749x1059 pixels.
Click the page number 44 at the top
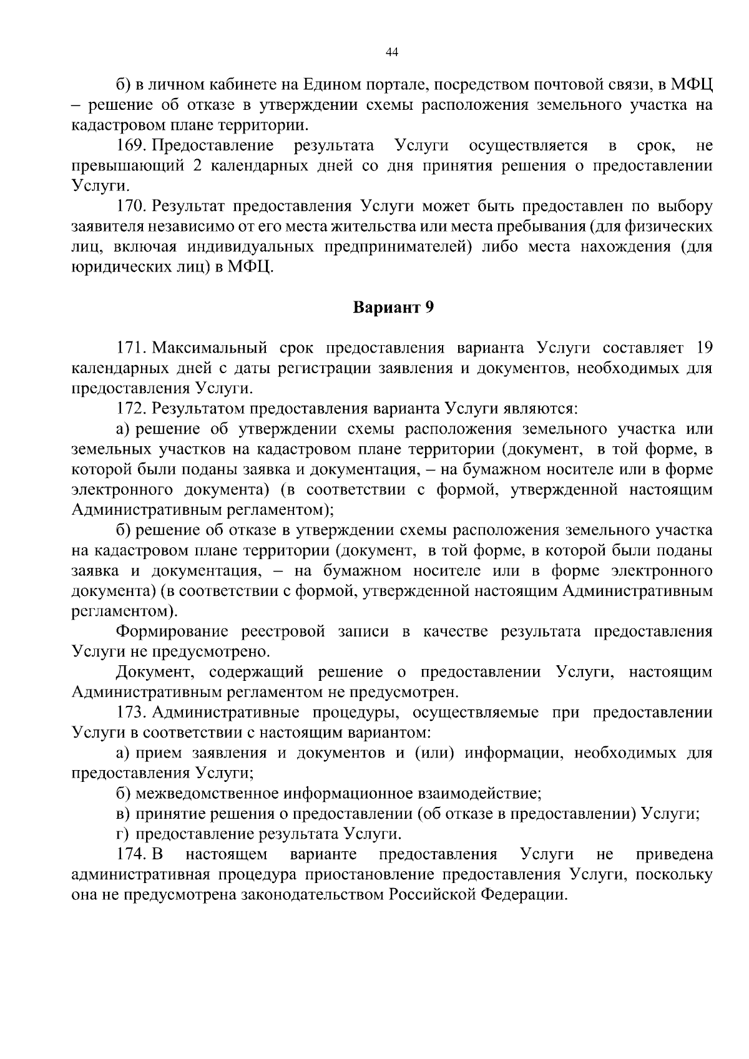point(392,53)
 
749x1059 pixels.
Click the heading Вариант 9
point(393,307)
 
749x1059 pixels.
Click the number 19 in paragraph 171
point(703,348)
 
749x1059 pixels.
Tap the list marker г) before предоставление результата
point(122,834)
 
